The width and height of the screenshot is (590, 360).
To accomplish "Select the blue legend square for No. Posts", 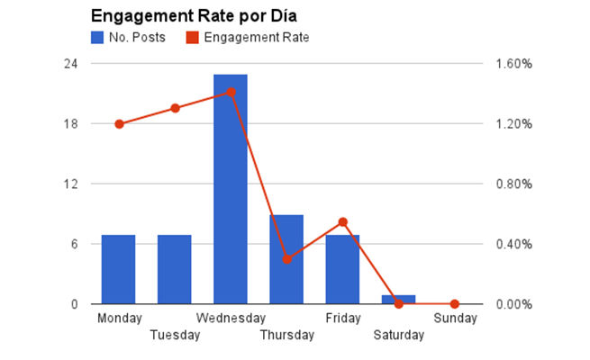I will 97,38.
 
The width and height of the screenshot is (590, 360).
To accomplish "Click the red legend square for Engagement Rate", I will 191,38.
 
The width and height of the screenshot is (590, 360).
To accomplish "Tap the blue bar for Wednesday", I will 231,189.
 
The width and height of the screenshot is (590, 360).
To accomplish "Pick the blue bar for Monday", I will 118,269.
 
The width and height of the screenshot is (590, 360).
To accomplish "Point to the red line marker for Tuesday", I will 175,109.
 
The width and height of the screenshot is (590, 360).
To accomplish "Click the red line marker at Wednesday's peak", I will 231,92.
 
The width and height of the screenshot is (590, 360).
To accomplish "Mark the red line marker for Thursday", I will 286,259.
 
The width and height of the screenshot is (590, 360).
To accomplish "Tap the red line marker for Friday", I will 342,221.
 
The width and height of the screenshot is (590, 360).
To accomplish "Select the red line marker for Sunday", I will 454,304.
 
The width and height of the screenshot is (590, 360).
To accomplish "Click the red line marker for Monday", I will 119,124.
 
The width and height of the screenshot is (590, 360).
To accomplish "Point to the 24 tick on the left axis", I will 69,64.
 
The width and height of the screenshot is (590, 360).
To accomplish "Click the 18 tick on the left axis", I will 69,124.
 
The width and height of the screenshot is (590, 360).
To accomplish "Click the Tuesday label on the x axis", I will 175,335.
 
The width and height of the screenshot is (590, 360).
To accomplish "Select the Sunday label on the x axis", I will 454,318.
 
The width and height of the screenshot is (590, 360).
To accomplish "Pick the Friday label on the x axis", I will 342,318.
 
